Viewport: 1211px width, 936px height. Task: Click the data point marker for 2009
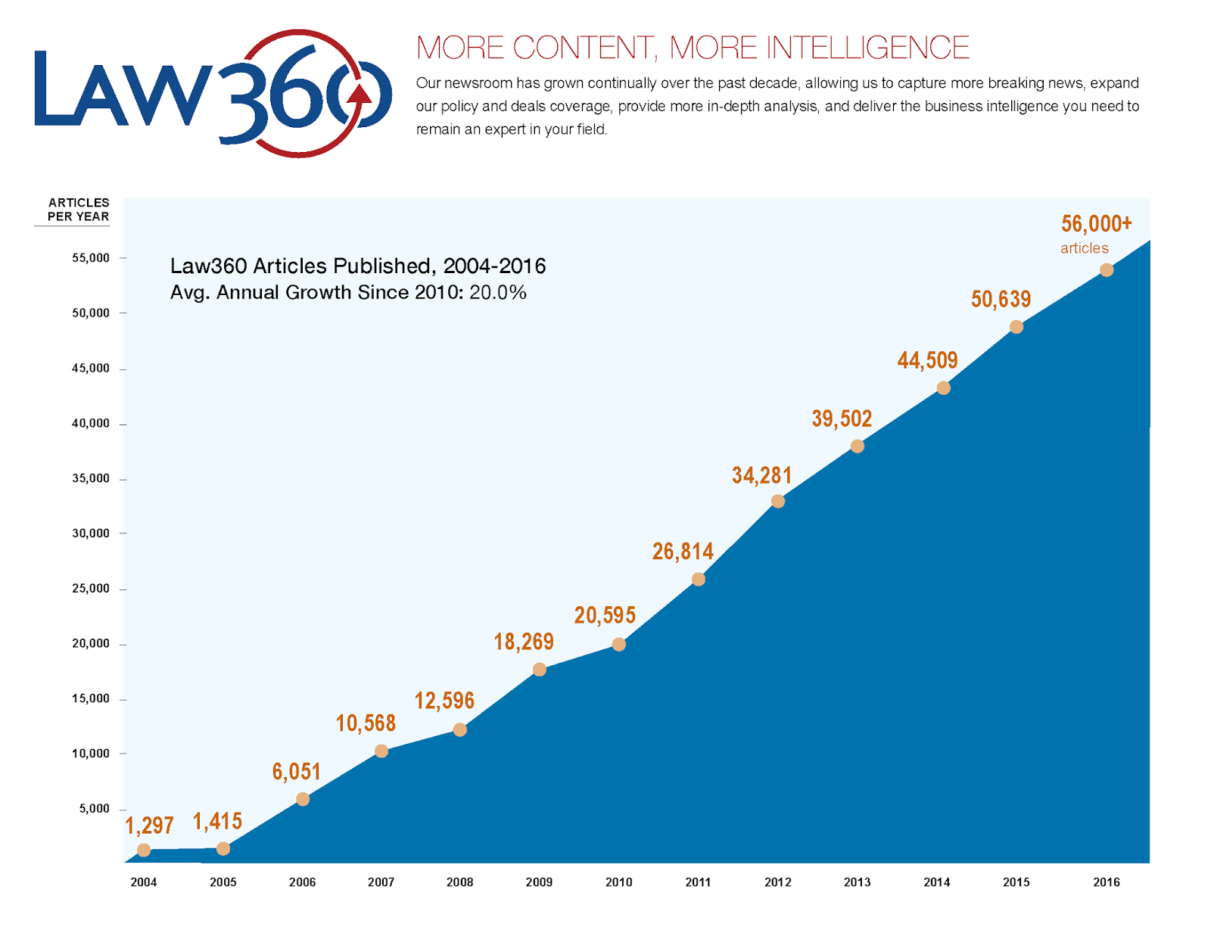tap(539, 670)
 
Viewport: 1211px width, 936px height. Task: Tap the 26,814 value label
tap(683, 552)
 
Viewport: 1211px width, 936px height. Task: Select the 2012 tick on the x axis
tap(777, 882)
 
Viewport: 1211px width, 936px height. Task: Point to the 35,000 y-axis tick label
tap(91, 478)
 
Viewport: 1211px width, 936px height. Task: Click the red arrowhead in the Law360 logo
tap(360, 93)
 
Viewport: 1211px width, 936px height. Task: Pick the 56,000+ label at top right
tap(1096, 224)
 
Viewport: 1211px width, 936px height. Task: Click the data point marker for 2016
tap(1107, 270)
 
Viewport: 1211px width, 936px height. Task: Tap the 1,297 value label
tap(149, 826)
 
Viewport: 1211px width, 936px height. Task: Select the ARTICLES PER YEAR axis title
tap(78, 210)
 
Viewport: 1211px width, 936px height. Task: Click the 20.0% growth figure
tap(497, 293)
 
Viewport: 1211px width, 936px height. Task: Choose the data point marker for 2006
tap(303, 799)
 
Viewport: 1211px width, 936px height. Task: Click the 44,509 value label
tap(927, 360)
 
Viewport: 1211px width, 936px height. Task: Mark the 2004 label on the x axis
tap(144, 882)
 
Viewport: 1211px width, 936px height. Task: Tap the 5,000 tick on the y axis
tap(95, 809)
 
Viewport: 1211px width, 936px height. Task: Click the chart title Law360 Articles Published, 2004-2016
tap(357, 266)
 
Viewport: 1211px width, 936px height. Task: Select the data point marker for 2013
tap(857, 446)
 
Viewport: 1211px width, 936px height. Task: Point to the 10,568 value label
tap(366, 723)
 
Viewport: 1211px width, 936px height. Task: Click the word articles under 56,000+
tap(1084, 248)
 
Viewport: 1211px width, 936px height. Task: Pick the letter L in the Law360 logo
tap(57, 89)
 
